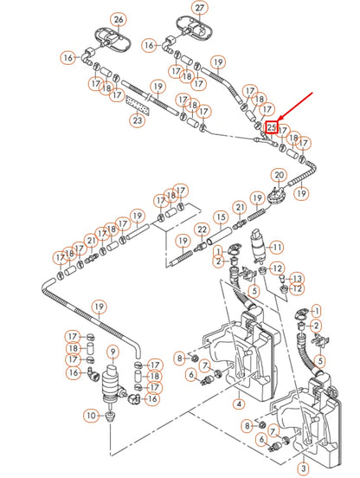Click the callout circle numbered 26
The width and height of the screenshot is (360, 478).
[119, 19]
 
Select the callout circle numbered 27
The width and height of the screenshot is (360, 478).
[200, 9]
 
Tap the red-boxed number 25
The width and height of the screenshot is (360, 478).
[272, 128]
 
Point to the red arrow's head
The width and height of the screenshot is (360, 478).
[279, 122]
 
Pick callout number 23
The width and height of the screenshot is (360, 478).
[138, 121]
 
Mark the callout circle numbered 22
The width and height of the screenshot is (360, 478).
[201, 229]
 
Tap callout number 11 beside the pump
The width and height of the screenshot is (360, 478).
[277, 247]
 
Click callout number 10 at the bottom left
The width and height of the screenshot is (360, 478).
[92, 417]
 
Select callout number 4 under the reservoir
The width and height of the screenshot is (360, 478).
[238, 403]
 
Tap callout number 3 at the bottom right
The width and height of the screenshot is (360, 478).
[303, 468]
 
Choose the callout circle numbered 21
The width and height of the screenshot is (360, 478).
[91, 242]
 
